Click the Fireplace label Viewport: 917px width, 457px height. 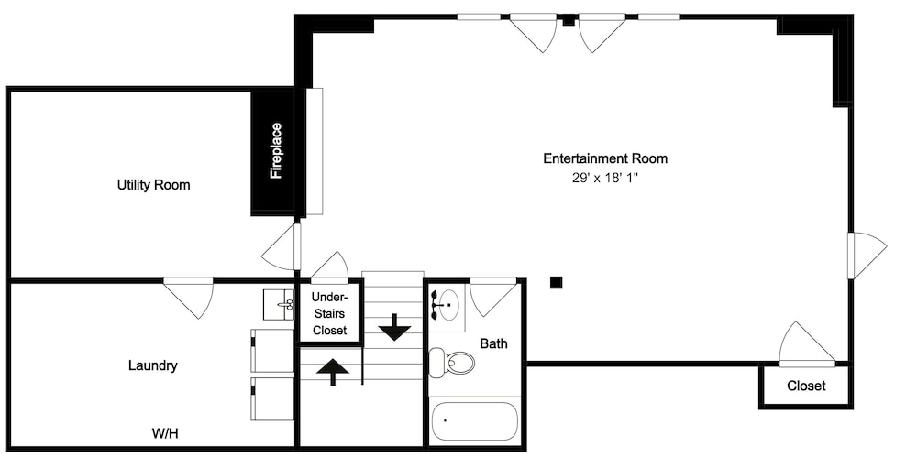[x=276, y=151]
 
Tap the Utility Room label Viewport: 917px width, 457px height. [x=154, y=185]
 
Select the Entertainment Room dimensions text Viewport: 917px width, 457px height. [x=604, y=179]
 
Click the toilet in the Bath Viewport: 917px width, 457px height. [x=450, y=363]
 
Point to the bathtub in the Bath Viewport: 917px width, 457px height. [x=475, y=420]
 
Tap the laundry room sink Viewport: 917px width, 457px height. [x=279, y=304]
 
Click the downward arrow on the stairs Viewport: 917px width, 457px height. [x=394, y=327]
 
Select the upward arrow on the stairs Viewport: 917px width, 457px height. [x=333, y=372]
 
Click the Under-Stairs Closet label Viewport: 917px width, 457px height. [x=330, y=313]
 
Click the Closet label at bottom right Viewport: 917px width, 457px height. [x=806, y=386]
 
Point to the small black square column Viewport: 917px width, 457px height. [x=557, y=283]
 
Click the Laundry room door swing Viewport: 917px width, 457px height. [x=188, y=298]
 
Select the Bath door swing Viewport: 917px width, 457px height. [x=493, y=298]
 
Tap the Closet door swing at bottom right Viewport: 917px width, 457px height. [x=806, y=343]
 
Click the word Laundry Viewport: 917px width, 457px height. [x=152, y=365]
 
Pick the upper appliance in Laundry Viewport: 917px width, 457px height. [x=272, y=350]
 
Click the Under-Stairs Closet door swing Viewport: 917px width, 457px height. [x=330, y=267]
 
